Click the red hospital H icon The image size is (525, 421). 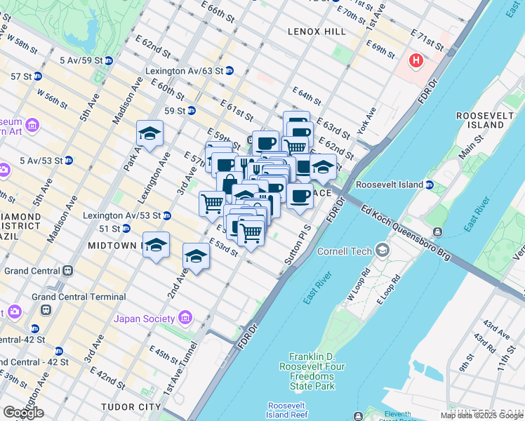[416, 61]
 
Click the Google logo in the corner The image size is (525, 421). [23, 412]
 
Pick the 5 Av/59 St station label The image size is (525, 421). [81, 60]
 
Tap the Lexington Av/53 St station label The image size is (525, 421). [122, 215]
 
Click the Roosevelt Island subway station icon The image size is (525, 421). [430, 185]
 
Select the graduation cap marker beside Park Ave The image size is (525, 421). [149, 133]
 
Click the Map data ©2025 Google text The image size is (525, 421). [481, 415]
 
